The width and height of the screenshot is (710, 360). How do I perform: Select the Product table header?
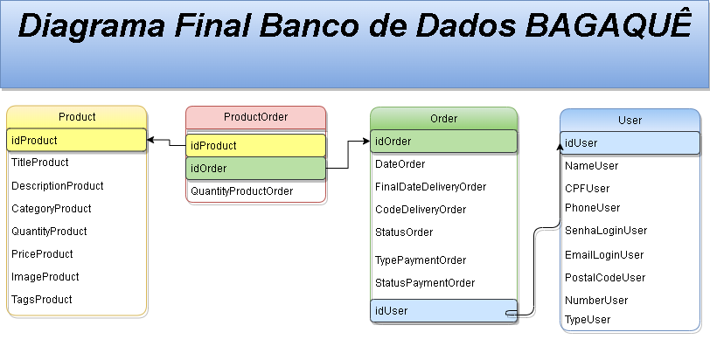coord(77,116)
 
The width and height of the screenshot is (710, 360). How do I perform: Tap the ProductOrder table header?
coord(255,116)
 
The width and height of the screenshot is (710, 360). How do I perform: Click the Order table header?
coord(443,118)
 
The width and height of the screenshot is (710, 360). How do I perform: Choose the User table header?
coord(630,120)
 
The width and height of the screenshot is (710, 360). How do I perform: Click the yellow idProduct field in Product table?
coord(77,140)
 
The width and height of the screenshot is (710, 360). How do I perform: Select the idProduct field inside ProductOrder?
coord(255,145)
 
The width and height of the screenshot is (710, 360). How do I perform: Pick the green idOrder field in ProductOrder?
coord(255,168)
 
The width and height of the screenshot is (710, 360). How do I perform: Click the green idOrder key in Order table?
coord(443,141)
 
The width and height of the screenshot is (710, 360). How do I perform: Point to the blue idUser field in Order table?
coord(443,310)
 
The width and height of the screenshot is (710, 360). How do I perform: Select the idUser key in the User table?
coord(630,143)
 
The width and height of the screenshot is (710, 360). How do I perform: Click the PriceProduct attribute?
coord(42,254)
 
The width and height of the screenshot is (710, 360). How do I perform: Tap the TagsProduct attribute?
coord(41,300)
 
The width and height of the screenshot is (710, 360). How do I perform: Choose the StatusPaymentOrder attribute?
coord(425,283)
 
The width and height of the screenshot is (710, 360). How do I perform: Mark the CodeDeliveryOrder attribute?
coord(421,210)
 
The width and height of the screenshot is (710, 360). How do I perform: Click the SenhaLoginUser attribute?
coord(606,231)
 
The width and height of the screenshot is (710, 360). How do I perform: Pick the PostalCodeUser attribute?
coord(605,278)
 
